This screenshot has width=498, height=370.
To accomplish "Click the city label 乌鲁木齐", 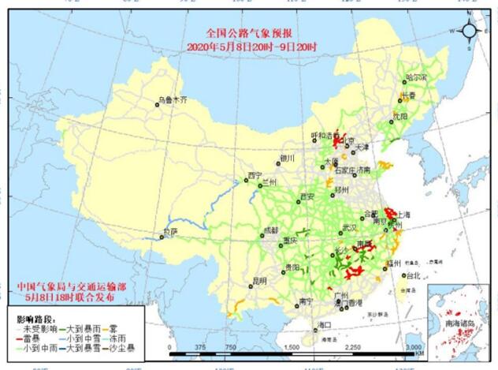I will [x=173, y=100].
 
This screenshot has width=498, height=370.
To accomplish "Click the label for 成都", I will [x=269, y=231].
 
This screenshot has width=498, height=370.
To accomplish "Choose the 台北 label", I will [x=415, y=275].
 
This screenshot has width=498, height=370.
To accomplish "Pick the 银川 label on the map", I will [x=286, y=158].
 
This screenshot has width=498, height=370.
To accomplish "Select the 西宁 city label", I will [x=254, y=175].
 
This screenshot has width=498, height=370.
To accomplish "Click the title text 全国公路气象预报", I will [x=248, y=34].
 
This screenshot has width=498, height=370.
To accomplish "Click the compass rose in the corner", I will [x=468, y=31].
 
